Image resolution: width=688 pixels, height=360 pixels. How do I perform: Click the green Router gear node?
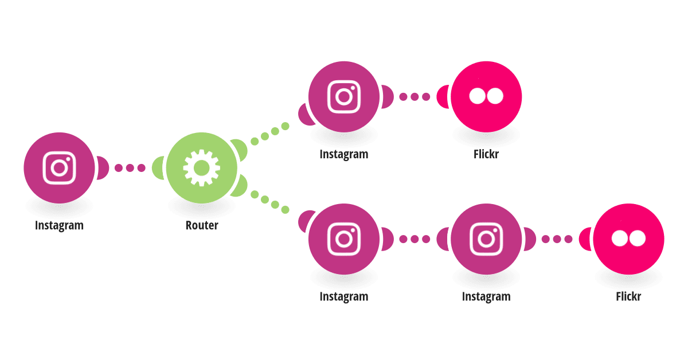click(201, 168)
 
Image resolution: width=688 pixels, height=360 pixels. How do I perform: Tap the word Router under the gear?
click(202, 225)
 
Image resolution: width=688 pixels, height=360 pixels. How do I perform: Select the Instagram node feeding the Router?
click(59, 168)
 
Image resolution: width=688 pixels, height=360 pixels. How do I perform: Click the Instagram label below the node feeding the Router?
click(59, 225)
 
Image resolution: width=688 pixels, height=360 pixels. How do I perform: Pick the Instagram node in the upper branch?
click(344, 97)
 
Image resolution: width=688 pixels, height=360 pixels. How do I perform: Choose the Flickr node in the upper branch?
click(486, 97)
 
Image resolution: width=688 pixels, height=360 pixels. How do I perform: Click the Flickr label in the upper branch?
click(486, 154)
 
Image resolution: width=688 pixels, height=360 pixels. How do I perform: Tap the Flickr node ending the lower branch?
click(628, 239)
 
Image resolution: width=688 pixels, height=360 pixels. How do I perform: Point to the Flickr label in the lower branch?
click(628, 296)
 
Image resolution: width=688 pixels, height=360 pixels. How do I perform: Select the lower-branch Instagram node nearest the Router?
click(344, 239)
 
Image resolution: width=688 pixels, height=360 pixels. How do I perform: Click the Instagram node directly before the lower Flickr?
click(486, 239)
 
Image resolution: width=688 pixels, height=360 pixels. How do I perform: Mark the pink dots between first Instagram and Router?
click(130, 168)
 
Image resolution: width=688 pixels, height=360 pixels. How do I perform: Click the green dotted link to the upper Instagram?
click(270, 134)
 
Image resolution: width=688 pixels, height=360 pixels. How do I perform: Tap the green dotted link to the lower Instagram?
click(270, 202)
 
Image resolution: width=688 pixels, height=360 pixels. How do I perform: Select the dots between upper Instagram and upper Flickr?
click(415, 97)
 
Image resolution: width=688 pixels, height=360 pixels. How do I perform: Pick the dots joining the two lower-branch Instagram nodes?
click(415, 239)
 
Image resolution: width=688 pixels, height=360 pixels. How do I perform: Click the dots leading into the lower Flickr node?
click(557, 239)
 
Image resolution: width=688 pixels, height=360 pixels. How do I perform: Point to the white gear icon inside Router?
click(201, 168)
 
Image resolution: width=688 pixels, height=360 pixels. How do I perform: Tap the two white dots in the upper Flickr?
click(486, 96)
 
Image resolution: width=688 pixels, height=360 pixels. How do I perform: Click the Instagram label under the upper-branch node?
click(344, 154)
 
